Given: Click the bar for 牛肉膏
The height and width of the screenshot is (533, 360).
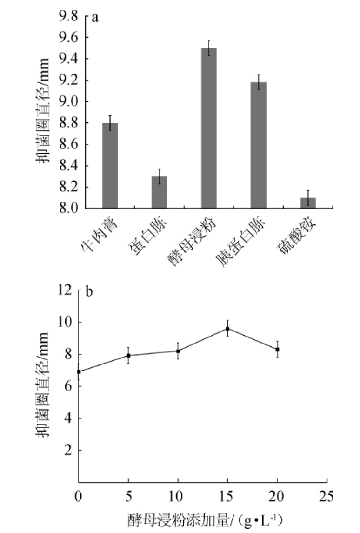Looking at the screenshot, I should click(x=110, y=166).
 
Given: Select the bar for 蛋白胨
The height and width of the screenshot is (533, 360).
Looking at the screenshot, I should click(x=160, y=192).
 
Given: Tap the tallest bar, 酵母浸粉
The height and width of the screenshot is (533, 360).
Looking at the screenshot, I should click(x=209, y=128).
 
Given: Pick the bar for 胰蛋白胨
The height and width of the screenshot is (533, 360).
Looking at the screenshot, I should click(x=258, y=145).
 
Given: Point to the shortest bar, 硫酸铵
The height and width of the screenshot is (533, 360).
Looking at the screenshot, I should click(x=308, y=203).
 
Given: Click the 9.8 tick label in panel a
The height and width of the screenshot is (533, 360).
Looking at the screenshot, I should click(x=67, y=16).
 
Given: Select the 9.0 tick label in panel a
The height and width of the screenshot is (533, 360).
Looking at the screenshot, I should click(x=67, y=102).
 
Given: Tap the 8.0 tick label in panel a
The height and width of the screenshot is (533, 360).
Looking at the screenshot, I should click(x=67, y=209).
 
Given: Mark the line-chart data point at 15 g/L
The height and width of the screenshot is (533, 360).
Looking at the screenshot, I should click(x=227, y=329).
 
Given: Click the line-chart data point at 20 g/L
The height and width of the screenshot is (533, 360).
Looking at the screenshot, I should click(x=277, y=349).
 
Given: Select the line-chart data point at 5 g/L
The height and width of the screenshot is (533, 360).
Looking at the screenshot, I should click(x=128, y=356).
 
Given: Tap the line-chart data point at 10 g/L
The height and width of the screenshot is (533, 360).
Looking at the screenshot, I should click(x=178, y=351).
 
